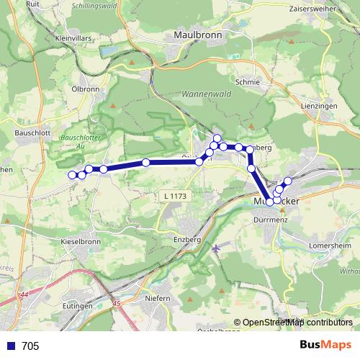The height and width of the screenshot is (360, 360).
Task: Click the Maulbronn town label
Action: [x=198, y=34]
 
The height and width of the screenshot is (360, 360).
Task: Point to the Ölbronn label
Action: [x=85, y=89]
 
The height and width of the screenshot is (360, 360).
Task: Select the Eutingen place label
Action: [x=77, y=306]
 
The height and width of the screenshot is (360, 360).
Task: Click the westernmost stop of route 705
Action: [x=72, y=175]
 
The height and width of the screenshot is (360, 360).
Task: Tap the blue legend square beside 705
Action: [x=10, y=346]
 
